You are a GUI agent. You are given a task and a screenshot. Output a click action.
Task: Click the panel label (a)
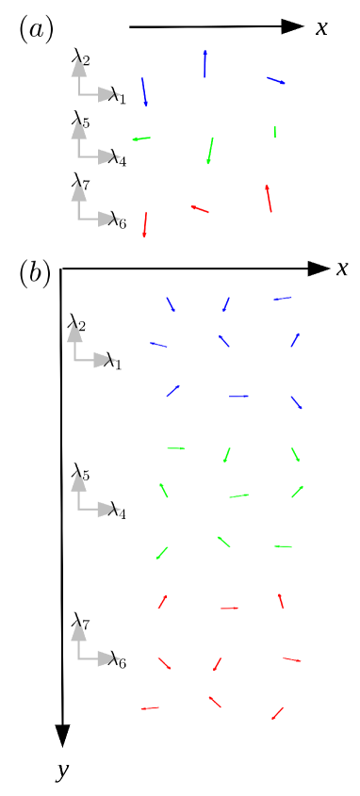tap(36, 29)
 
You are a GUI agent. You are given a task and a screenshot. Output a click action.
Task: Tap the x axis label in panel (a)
tap(321, 28)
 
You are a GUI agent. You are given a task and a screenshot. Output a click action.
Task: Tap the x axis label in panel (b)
tap(342, 269)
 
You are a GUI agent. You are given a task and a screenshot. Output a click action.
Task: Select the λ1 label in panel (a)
tap(117, 95)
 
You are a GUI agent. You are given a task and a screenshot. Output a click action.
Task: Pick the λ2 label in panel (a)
tap(80, 61)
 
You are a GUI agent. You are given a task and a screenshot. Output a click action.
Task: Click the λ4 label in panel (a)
tap(117, 157)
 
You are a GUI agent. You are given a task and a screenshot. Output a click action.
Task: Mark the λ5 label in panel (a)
tap(80, 122)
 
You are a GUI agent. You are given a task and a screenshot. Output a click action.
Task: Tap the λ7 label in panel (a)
tap(80, 183)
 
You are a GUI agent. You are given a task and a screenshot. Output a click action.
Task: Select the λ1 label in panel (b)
tap(113, 361)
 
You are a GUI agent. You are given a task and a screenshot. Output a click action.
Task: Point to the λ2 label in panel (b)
tap(76, 327)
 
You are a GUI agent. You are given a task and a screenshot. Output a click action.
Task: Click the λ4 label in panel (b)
tap(117, 511)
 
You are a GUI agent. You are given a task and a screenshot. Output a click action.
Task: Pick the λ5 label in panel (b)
tap(80, 475)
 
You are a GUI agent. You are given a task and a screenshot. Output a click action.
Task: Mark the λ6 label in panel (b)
tap(117, 660)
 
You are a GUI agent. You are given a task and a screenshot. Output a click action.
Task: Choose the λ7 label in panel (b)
tap(80, 623)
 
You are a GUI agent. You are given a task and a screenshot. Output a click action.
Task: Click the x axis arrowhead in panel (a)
tap(292, 27)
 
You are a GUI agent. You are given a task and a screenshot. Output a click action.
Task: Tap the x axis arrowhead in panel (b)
tap(319, 269)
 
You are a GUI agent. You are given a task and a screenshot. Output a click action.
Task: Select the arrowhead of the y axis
tap(62, 735)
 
